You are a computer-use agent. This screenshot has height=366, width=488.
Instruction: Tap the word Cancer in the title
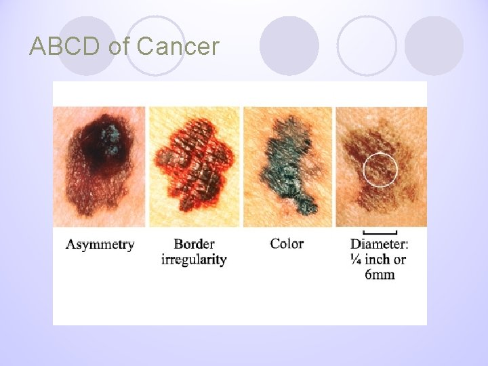point(178,47)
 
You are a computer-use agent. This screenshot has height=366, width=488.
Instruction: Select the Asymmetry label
point(100,245)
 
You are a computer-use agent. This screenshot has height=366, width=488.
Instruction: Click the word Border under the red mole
point(194,244)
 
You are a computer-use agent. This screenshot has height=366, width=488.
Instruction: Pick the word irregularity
point(194,260)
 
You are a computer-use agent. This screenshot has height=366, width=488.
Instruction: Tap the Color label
point(287,243)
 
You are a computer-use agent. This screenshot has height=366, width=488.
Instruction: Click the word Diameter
point(380,245)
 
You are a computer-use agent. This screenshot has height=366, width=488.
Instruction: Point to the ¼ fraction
point(357,260)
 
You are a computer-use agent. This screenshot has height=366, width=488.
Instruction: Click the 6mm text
point(380,274)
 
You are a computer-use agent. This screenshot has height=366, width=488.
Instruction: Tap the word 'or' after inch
point(400,260)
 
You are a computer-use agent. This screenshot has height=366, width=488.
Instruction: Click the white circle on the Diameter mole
point(380,170)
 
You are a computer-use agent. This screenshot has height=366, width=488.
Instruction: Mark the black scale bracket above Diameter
point(380,232)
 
